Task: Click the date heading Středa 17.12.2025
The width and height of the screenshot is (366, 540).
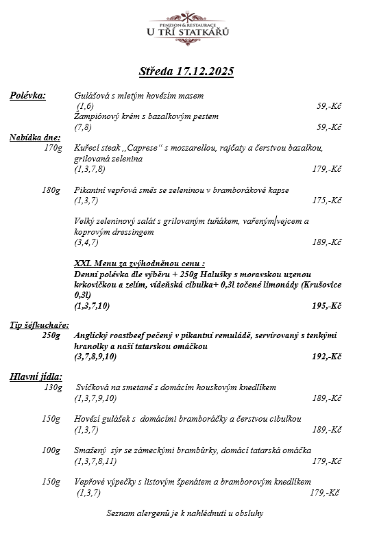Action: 186,71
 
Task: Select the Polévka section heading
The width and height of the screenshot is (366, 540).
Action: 28,95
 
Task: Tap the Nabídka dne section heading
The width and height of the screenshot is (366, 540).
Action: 35,138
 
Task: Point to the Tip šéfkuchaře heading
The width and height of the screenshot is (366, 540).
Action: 40,325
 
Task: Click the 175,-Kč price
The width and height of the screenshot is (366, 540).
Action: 326,201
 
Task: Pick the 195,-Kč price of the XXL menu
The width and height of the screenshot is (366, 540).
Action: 326,306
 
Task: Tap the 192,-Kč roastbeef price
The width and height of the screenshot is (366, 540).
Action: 326,357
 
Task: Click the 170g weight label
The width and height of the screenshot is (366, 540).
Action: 52,148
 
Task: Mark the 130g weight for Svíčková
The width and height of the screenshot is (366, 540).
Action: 53,387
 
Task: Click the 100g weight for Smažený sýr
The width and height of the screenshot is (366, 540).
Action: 51,450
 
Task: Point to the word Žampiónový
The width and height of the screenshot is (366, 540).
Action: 96,117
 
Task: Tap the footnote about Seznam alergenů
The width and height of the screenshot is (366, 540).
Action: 185,513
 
